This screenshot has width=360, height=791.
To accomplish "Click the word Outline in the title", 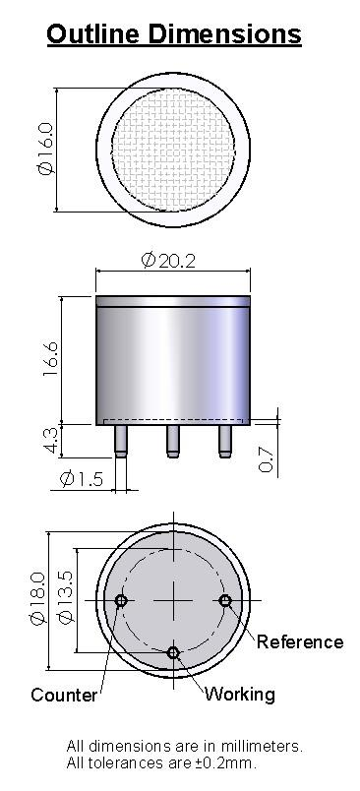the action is (93, 34).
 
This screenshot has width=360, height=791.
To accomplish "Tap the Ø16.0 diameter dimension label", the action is (45, 149).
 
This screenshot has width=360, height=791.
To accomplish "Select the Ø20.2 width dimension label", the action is (168, 261).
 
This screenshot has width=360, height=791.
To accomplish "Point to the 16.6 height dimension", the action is (51, 359).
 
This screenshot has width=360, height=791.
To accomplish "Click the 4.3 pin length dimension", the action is (51, 440).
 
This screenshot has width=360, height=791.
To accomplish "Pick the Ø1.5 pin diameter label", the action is (82, 478).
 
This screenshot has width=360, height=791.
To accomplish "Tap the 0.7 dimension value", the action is (266, 459).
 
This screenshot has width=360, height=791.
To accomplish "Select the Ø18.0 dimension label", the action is (37, 598).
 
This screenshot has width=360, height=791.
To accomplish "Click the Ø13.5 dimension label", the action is (66, 597).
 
